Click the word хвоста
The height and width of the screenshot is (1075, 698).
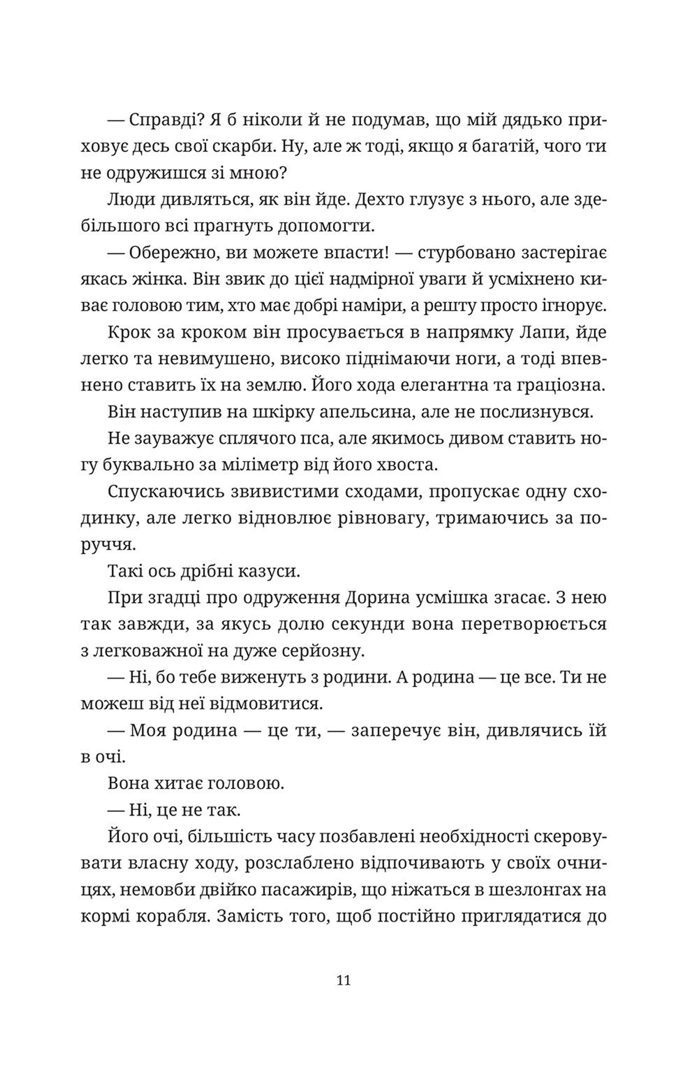tap(411, 466)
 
